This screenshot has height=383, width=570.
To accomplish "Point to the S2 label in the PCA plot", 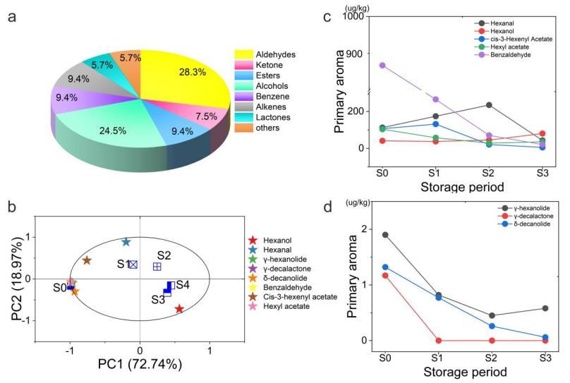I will (x=164, y=255).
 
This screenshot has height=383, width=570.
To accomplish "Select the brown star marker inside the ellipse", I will (x=87, y=260).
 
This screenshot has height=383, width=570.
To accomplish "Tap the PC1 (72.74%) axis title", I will (x=140, y=365).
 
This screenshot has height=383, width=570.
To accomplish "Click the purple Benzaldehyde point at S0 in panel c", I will (x=382, y=66).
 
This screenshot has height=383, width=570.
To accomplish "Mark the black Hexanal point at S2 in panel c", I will (x=489, y=105).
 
